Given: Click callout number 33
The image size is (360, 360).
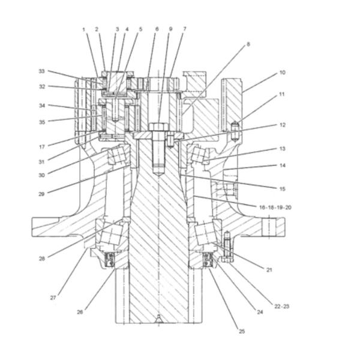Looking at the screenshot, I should (x=42, y=71).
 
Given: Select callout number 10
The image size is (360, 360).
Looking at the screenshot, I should (x=281, y=73).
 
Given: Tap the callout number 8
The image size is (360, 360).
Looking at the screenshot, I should (x=248, y=44).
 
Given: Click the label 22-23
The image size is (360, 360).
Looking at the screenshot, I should (x=281, y=306).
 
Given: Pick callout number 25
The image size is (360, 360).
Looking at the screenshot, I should (x=242, y=331).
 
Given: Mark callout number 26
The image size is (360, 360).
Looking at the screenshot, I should (x=80, y=311).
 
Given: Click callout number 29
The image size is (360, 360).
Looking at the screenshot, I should (x=42, y=194).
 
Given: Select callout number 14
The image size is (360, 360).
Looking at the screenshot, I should (x=281, y=166).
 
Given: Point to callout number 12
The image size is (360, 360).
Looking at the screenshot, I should (x=281, y=125).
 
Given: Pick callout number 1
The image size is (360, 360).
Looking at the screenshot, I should (x=85, y=29).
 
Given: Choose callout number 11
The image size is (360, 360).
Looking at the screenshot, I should (x=281, y=95).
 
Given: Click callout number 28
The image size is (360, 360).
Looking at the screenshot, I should (x=42, y=259).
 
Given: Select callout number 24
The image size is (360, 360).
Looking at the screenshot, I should (x=260, y=312).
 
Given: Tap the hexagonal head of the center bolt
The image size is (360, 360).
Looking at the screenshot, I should (x=158, y=127).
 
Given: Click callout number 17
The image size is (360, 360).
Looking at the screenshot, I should (x=42, y=146).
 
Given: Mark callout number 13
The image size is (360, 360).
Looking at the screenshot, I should (x=281, y=149).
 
